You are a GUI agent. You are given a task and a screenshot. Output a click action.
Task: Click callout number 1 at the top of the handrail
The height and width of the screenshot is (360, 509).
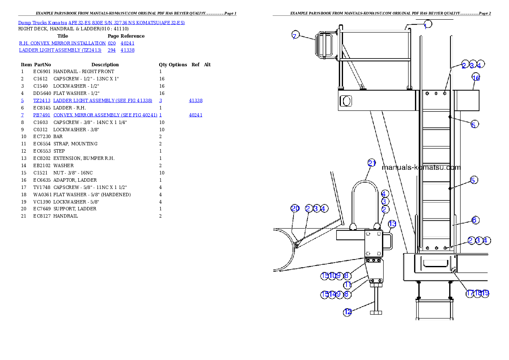pyautogui.click(x=427, y=24)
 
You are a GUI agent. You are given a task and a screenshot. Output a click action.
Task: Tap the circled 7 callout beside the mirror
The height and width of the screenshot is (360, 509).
pyautogui.click(x=295, y=35)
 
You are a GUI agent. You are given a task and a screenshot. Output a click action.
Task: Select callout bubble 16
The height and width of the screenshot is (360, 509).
pyautogui.click(x=476, y=77)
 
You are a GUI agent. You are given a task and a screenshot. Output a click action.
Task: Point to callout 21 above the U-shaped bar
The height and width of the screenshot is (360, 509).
pyautogui.click(x=372, y=163)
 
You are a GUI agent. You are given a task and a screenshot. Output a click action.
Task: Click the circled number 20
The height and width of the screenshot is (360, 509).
pyautogui.click(x=295, y=208)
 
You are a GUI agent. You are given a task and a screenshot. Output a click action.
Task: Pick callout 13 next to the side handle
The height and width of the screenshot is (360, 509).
pyautogui.click(x=392, y=224)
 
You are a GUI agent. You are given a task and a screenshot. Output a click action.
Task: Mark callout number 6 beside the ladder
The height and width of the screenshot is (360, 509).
pyautogui.click(x=474, y=220)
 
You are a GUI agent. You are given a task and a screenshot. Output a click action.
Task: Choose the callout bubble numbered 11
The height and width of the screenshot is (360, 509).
pyautogui.click(x=347, y=285)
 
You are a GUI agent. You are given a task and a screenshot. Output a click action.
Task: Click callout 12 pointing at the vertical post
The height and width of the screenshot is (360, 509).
pyautogui.click(x=347, y=312)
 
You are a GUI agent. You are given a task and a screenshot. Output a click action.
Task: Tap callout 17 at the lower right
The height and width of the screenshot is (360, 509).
pyautogui.click(x=470, y=293)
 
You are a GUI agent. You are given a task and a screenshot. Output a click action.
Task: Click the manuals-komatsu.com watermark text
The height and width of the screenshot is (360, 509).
pyautogui.click(x=421, y=168)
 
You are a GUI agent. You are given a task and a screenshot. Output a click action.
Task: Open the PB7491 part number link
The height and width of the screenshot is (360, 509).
pyautogui.click(x=41, y=115)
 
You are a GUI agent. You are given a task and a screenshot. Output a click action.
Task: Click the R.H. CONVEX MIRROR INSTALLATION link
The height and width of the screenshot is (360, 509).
pyautogui.click(x=62, y=43)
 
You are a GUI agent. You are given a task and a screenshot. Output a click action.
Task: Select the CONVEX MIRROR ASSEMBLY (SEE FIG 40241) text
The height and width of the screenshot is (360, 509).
pyautogui.click(x=105, y=115)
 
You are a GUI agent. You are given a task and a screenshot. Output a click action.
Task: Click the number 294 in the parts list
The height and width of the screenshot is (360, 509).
pyautogui.click(x=112, y=50)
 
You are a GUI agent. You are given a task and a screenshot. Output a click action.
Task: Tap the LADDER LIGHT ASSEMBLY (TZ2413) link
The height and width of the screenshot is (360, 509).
pyautogui.click(x=60, y=50)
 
